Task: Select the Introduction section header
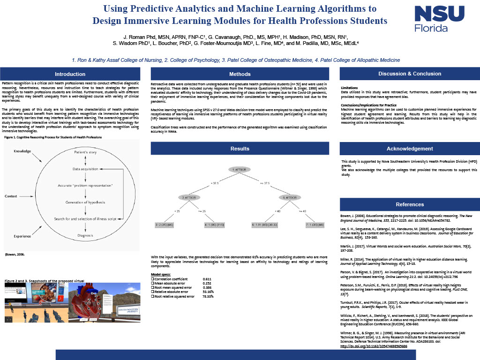(x=70, y=74)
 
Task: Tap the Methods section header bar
(x=240, y=74)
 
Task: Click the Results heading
(x=240, y=149)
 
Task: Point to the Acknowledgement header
(x=409, y=149)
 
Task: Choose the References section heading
(x=409, y=204)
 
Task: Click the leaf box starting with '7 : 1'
(x=315, y=225)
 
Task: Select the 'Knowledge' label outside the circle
(x=22, y=151)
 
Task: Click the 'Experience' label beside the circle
(x=22, y=236)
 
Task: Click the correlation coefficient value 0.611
(x=207, y=279)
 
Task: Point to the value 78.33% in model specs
(x=208, y=296)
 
